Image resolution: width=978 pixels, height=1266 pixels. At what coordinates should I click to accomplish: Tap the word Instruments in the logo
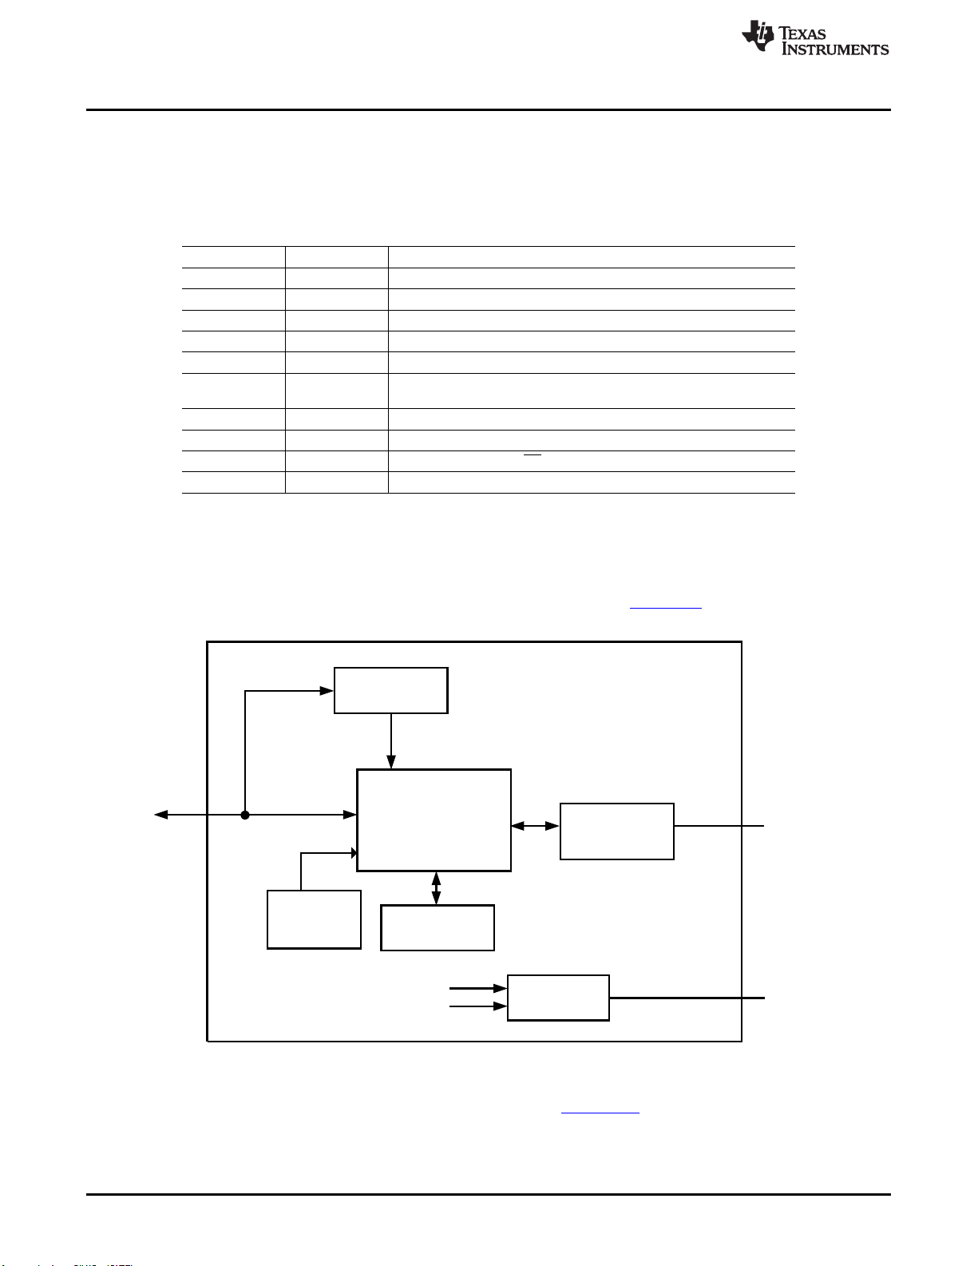click(x=835, y=50)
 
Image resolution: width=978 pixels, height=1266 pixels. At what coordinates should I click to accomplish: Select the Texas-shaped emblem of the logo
click(x=758, y=35)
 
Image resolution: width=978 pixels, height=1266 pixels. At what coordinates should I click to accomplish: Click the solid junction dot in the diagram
click(x=245, y=815)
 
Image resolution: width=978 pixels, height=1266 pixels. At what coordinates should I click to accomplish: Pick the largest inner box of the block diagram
click(x=434, y=820)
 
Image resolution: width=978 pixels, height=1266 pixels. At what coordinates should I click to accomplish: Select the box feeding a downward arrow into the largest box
click(x=390, y=690)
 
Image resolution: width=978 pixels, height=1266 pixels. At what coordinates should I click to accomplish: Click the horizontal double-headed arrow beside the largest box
click(x=535, y=826)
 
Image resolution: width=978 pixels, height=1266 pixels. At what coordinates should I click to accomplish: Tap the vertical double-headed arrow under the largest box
click(x=436, y=888)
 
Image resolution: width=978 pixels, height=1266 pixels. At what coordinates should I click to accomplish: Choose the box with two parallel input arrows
click(x=558, y=998)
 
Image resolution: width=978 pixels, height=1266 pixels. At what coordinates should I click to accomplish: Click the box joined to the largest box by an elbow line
click(x=314, y=920)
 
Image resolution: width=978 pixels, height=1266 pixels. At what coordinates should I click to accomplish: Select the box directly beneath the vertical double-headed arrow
click(x=438, y=928)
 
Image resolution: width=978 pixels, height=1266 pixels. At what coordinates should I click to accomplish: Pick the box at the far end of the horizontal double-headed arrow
click(x=617, y=831)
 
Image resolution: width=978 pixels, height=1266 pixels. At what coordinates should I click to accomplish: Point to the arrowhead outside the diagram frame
click(x=160, y=815)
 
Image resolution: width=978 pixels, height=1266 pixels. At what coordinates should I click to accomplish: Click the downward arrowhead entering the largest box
click(x=391, y=762)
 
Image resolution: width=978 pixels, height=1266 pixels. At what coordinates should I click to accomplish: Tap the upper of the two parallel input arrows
click(x=478, y=989)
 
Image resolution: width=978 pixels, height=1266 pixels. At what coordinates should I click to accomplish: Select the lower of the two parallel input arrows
click(x=478, y=1006)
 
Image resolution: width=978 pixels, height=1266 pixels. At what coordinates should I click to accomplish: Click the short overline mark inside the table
click(x=532, y=455)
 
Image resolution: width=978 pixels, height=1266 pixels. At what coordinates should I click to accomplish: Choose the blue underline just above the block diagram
click(x=665, y=609)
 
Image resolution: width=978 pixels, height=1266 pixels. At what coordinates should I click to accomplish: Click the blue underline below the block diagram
click(x=600, y=1113)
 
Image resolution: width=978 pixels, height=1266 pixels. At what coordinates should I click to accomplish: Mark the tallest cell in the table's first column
click(x=233, y=391)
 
